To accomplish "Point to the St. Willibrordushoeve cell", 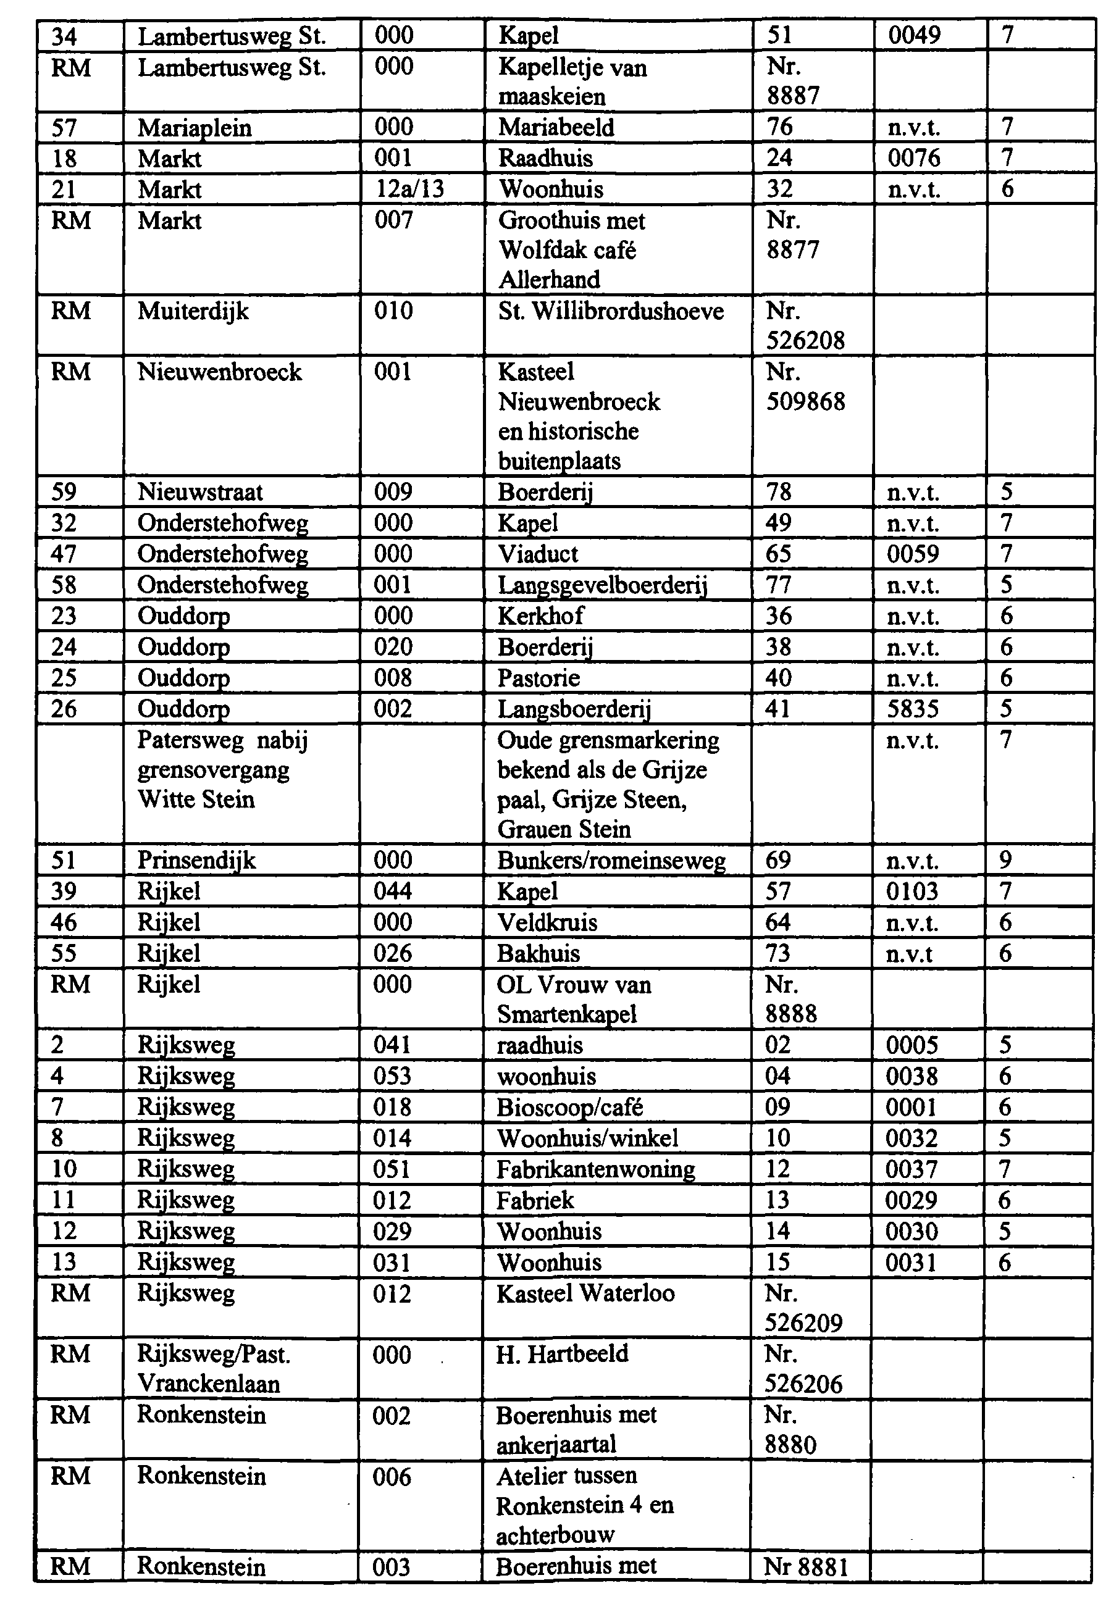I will point(611,311).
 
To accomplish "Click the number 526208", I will point(805,341).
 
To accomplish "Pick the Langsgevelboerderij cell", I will point(602,585).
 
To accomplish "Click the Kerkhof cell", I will point(540,616).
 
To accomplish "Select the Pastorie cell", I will point(539,678).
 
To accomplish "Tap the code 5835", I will point(912,709).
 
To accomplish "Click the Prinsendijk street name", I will point(196,860).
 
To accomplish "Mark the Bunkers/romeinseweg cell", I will point(611,860).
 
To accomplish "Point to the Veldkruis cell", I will point(547,922).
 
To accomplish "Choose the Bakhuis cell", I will point(539,953).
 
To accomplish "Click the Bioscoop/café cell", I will point(569,1107).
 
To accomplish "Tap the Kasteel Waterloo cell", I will point(585,1293).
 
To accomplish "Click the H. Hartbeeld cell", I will point(561,1354).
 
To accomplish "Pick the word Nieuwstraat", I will point(200,491).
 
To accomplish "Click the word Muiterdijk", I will point(193,311).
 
